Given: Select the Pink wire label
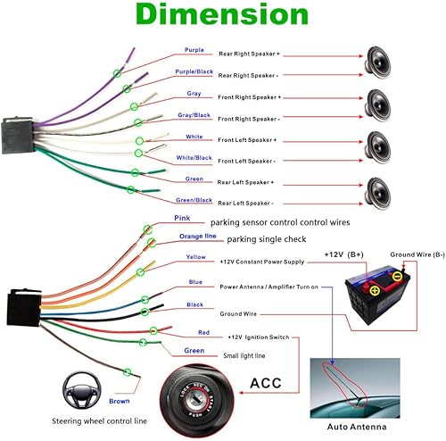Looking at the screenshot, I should pos(181,218).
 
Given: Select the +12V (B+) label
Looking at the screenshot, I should pos(349,254).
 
